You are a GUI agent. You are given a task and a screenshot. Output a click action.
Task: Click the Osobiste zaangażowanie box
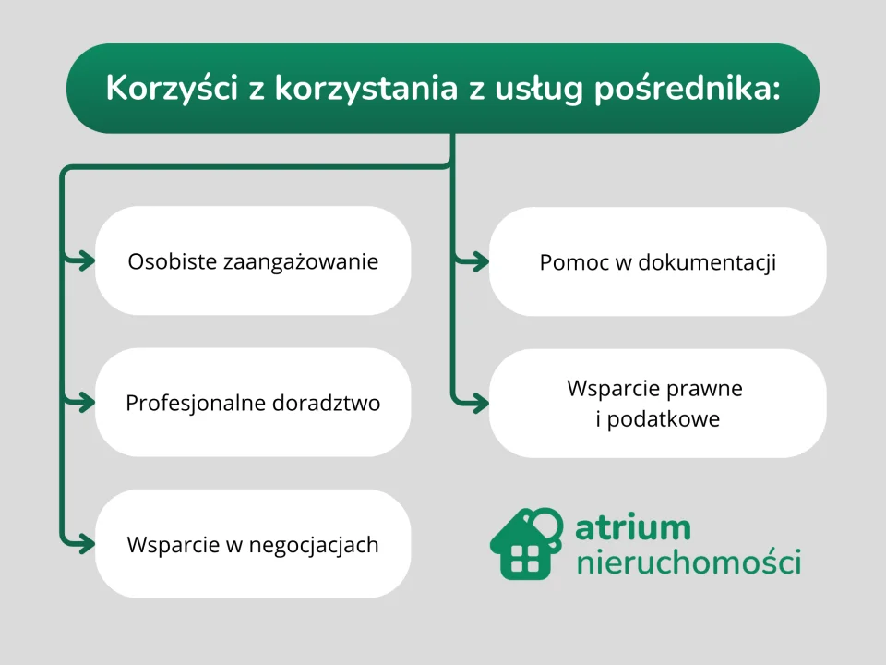click(x=253, y=261)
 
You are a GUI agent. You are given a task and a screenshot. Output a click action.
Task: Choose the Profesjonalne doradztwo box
click(x=253, y=403)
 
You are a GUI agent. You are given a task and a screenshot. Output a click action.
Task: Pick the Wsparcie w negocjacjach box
click(x=253, y=544)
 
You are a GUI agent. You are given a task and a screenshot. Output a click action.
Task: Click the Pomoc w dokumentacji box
click(x=657, y=262)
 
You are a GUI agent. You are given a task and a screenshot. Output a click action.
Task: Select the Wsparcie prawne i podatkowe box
click(x=657, y=403)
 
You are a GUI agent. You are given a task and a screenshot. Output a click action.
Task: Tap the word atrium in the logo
click(x=632, y=528)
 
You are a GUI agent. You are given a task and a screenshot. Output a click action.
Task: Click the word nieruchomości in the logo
click(x=688, y=562)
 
